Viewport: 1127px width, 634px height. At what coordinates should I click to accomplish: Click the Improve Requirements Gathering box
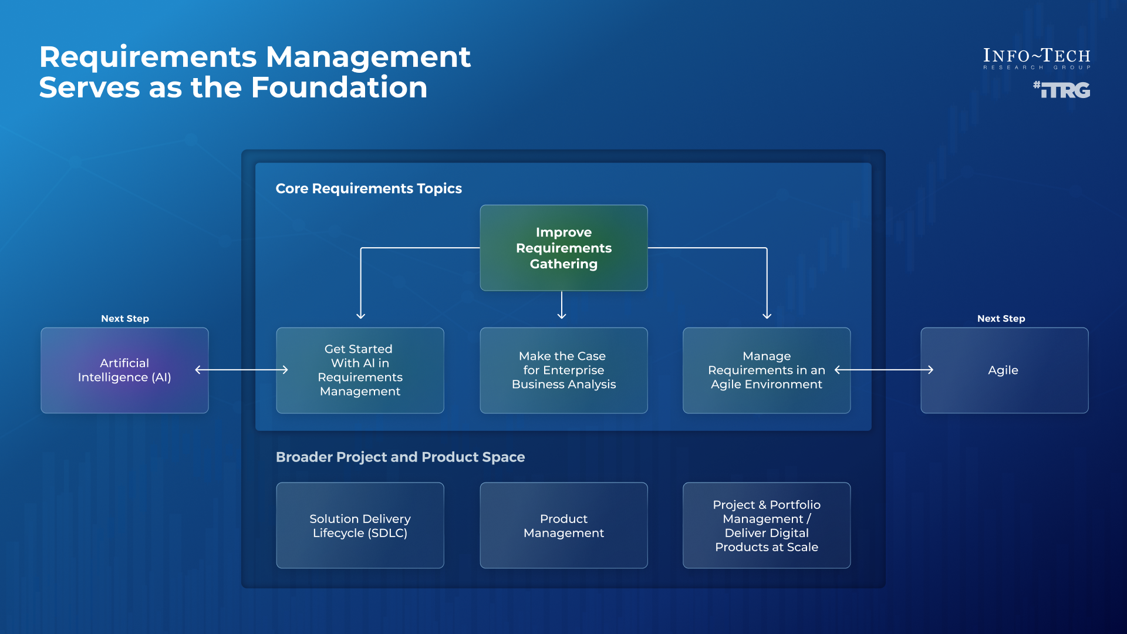point(563,248)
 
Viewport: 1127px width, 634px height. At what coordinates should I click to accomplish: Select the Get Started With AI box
point(360,370)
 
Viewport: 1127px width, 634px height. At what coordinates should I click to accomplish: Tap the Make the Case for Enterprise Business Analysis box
point(563,370)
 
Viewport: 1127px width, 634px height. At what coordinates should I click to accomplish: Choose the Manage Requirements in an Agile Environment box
point(766,370)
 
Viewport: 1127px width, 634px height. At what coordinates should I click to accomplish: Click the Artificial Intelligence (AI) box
point(124,370)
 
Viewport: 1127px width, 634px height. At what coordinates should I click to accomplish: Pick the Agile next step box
point(1004,370)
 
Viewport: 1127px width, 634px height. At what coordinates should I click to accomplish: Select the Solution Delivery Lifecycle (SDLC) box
point(360,525)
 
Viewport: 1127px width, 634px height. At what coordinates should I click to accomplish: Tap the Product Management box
point(563,525)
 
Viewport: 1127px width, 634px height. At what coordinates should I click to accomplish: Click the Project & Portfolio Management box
point(766,525)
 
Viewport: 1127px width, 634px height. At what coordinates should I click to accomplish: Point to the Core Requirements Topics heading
point(369,188)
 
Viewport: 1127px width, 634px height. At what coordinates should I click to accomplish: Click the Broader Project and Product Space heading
point(400,457)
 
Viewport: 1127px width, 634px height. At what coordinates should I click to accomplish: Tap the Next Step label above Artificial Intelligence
point(125,318)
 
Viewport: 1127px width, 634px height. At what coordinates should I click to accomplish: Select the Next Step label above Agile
point(1001,318)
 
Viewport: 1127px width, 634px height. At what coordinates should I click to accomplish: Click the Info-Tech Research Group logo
point(1037,58)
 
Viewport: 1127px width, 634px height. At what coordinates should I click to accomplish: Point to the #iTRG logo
point(1062,90)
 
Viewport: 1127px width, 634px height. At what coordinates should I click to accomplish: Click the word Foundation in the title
point(339,87)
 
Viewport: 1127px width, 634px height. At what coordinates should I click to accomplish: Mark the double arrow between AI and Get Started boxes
point(242,370)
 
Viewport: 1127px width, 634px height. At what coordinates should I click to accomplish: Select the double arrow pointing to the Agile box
point(884,370)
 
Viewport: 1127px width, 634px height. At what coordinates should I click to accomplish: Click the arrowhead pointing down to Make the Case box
point(562,315)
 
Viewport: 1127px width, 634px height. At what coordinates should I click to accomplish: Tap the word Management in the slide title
point(368,57)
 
